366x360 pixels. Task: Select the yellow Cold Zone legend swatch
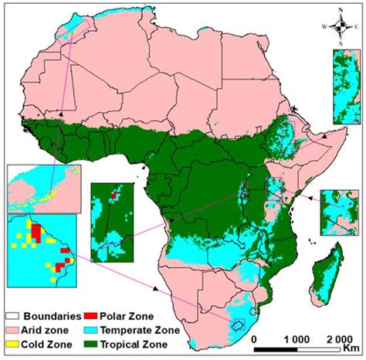(x=14, y=343)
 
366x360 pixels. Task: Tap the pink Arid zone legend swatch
(x=14, y=329)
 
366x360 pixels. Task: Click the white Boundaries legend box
(x=14, y=314)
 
